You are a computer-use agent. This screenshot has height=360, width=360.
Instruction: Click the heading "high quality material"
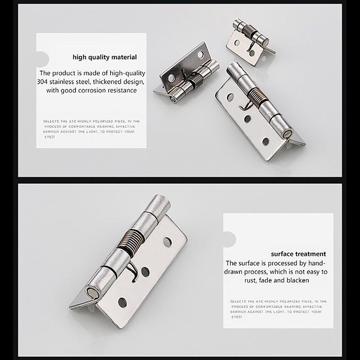pyautogui.click(x=105, y=57)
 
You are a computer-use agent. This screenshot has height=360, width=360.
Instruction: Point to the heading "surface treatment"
pyautogui.click(x=298, y=254)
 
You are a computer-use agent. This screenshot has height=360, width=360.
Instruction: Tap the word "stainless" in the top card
pyautogui.click(x=69, y=82)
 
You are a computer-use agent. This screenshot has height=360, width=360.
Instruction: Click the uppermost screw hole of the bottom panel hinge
pyautogui.click(x=167, y=242)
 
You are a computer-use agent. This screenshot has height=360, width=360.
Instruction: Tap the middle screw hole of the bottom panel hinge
pyautogui.click(x=145, y=271)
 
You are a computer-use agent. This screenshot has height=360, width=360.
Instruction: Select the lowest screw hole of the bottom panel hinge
pyautogui.click(x=121, y=300)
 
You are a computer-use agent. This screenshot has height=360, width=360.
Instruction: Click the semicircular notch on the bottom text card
pyautogui.click(x=229, y=238)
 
